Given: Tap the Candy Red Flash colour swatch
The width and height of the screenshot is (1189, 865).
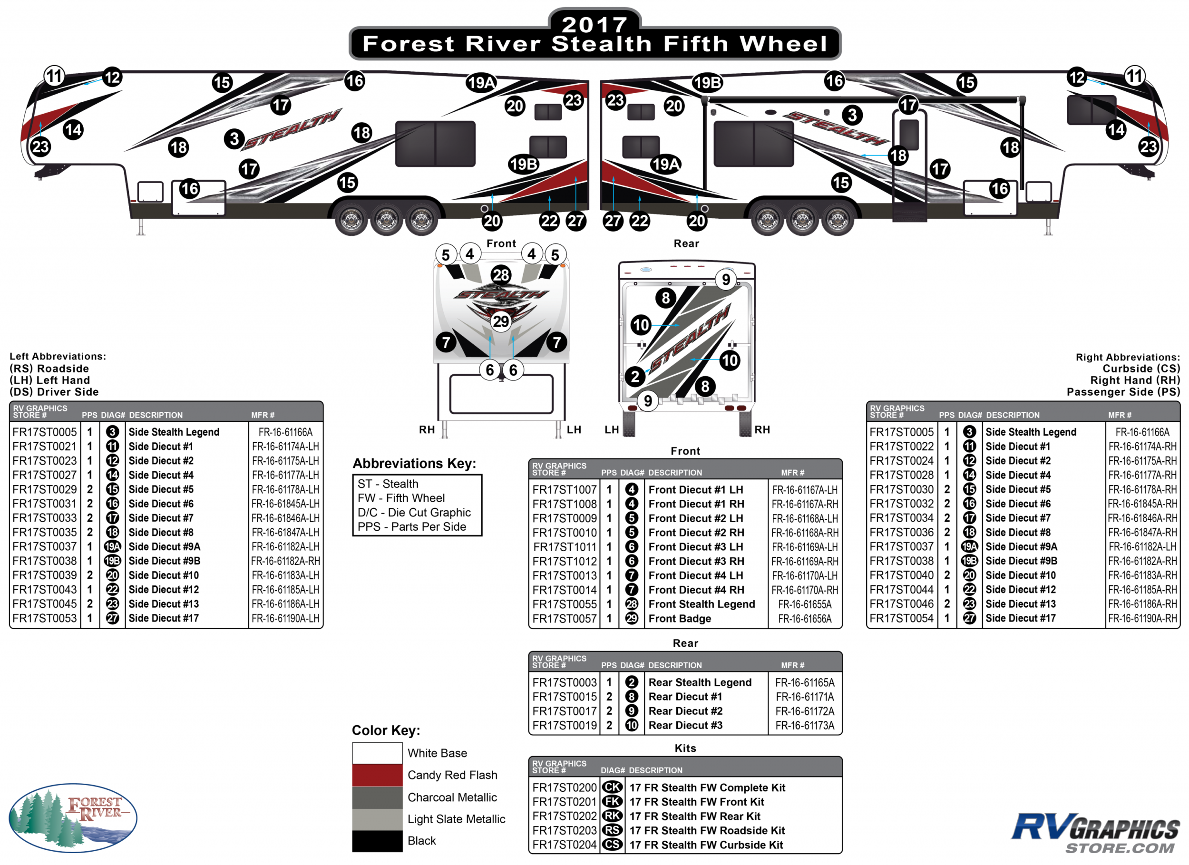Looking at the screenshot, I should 377,775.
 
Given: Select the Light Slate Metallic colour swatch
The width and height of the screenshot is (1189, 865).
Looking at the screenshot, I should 377,819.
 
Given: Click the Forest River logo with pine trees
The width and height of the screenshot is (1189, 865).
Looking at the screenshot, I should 73,817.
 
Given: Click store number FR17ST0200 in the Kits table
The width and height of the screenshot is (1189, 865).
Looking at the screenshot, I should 564,787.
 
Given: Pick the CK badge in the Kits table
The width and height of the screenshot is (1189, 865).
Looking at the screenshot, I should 612,787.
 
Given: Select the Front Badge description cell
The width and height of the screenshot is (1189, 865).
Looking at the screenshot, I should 680,619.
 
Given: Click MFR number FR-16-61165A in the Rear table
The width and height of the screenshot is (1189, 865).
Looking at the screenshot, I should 805,682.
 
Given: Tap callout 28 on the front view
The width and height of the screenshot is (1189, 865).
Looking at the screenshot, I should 501,275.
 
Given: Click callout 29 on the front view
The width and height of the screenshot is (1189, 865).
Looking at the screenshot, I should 501,321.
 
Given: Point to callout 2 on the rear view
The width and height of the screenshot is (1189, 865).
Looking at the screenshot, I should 635,377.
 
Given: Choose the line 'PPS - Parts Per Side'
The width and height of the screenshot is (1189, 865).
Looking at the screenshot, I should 411,527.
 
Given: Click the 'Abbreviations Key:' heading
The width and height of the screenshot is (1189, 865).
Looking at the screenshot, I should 414,464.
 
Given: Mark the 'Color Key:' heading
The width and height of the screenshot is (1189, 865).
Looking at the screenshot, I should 386,730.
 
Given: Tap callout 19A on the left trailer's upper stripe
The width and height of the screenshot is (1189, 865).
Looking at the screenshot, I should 481,83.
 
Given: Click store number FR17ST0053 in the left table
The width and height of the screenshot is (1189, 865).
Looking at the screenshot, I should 45,618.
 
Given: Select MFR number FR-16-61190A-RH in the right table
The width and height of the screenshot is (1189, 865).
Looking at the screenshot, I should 1142,618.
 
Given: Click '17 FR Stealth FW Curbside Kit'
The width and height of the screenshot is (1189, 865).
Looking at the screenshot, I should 706,845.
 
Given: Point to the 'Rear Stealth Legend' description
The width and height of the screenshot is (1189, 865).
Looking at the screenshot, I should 700,682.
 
